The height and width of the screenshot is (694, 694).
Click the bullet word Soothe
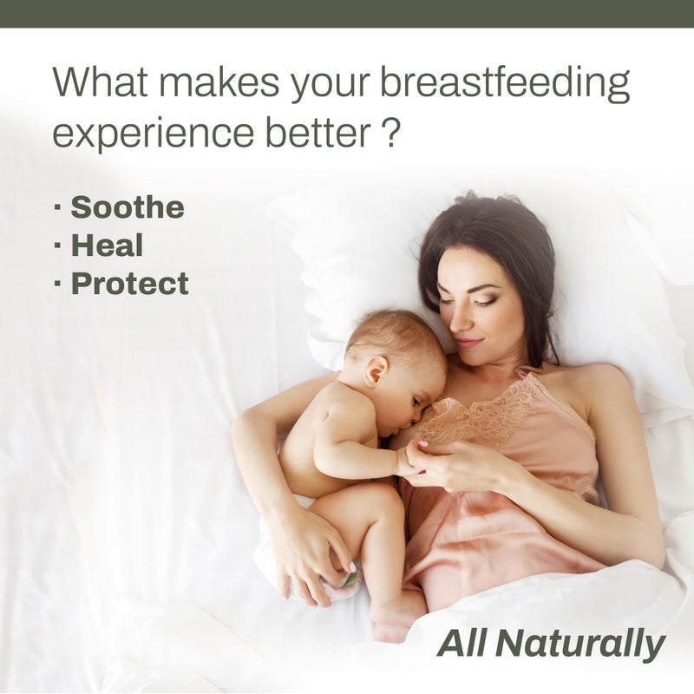(127, 208)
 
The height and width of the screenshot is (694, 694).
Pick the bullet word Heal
(106, 246)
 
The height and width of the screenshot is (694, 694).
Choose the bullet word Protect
(129, 284)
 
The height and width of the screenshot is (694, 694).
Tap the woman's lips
(468, 343)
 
